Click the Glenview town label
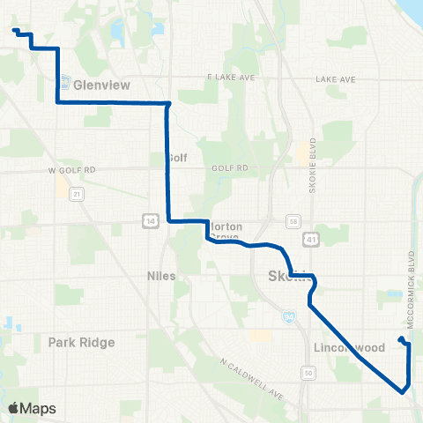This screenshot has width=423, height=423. [x=101, y=85]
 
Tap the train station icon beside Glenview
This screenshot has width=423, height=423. [x=65, y=84]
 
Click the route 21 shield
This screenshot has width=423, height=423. [x=78, y=193]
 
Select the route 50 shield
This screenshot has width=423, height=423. [x=308, y=374]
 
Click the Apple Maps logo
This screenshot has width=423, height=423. [x=32, y=408]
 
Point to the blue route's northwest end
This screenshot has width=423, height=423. [x=15, y=31]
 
